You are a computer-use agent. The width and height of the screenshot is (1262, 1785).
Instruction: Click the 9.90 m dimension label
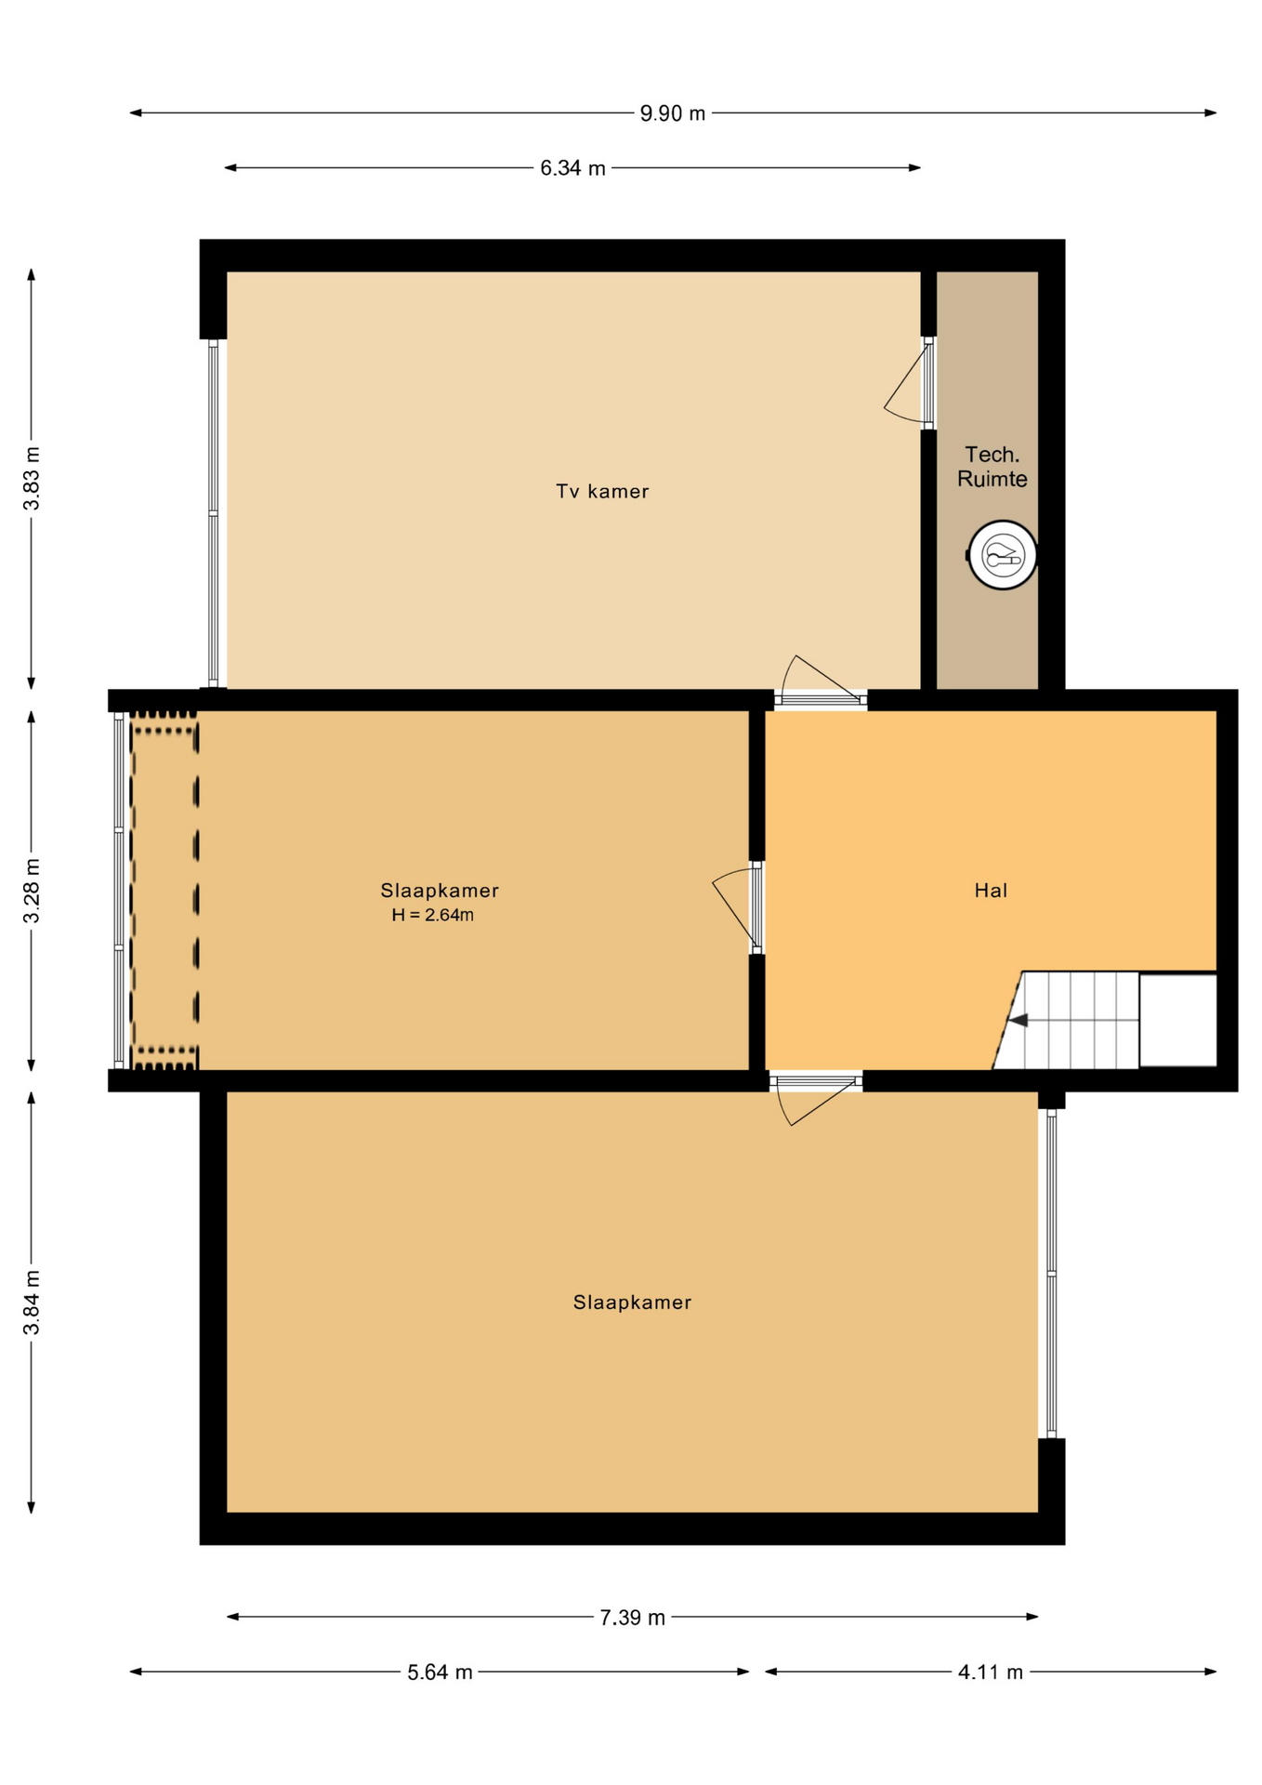(x=673, y=113)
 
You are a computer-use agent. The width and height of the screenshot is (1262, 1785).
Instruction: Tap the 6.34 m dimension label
(x=572, y=168)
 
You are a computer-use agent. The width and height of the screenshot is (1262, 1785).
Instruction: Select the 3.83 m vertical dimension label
(x=32, y=478)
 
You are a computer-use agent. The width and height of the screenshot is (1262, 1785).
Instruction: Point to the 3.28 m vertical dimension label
(x=32, y=891)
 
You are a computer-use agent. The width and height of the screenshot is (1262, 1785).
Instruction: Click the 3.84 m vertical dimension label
(x=32, y=1302)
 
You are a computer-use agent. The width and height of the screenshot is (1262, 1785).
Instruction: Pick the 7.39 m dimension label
(x=632, y=1618)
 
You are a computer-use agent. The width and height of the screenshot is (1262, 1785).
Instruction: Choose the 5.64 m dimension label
(x=440, y=1673)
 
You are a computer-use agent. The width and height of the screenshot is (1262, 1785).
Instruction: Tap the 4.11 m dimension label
(x=991, y=1673)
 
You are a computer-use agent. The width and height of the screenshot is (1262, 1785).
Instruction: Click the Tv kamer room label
(x=602, y=491)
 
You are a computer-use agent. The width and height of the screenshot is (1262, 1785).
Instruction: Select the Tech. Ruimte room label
(x=993, y=467)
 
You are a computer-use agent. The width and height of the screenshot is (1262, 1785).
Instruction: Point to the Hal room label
(x=991, y=891)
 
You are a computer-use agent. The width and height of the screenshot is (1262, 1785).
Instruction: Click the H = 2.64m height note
(x=432, y=915)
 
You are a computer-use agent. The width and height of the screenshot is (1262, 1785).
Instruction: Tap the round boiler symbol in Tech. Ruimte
(x=1002, y=555)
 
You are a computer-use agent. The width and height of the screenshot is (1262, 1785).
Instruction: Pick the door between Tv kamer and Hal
(x=822, y=682)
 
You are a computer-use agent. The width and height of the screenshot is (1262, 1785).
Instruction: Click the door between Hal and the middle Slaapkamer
(x=738, y=909)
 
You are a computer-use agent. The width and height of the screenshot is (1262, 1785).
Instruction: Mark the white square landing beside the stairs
(x=1177, y=1020)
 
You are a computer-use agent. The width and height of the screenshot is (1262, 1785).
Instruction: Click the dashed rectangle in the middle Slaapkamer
(x=164, y=891)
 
